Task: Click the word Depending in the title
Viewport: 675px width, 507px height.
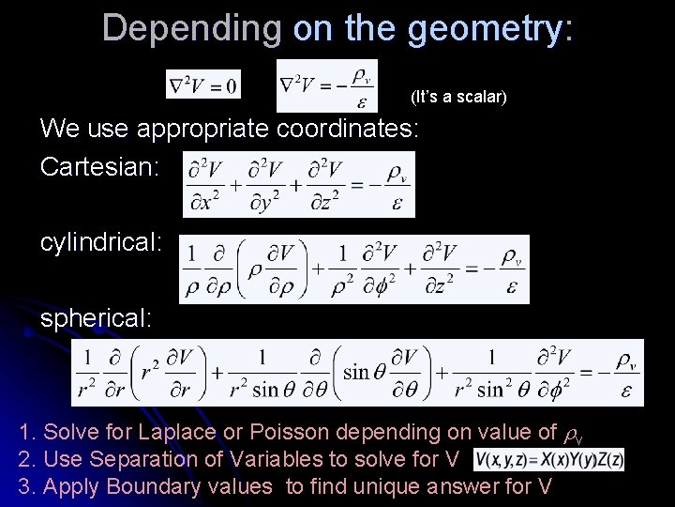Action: point(192,27)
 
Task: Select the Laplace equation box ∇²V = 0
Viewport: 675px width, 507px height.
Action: point(203,85)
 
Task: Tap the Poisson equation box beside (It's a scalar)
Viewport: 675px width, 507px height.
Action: point(326,86)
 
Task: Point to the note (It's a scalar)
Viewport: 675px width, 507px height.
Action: point(458,96)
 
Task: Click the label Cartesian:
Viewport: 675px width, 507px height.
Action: point(99,167)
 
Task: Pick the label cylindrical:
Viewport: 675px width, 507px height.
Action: point(101,241)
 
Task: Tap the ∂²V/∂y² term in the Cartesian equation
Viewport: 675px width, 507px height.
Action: point(267,185)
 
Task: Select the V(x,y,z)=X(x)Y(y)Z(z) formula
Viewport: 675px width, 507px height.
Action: point(549,459)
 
